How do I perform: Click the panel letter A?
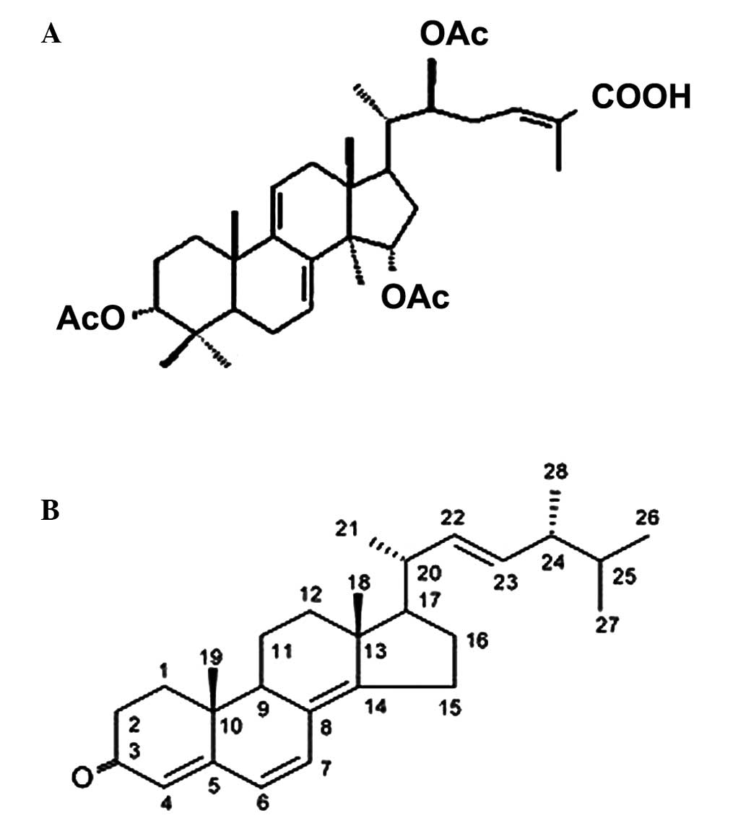(51, 34)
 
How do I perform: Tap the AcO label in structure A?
(90, 318)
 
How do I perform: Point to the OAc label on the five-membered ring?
(415, 297)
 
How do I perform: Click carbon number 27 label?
(607, 625)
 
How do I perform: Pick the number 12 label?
(313, 597)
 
